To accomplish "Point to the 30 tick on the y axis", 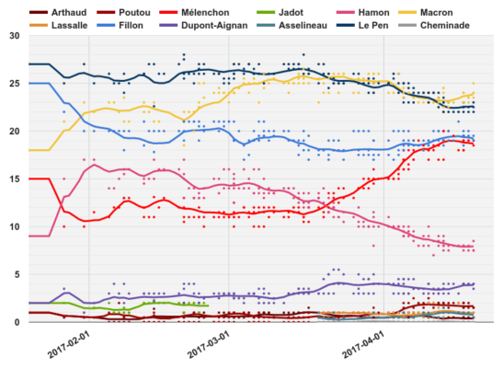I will tap(13, 36).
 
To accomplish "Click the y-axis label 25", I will tap(13, 84).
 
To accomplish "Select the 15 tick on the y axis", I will tap(13, 179).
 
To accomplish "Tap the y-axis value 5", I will tap(16, 274).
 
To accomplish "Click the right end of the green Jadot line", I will tap(209, 306).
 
